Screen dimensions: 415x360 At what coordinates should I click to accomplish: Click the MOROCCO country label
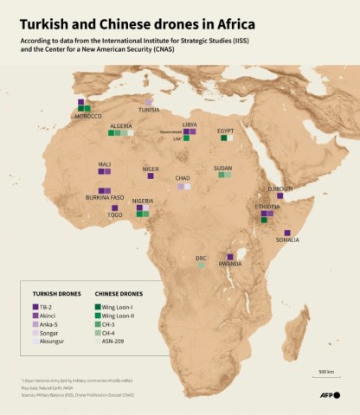pyautogui.click(x=89, y=116)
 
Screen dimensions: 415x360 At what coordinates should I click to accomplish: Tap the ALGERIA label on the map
pyautogui.click(x=121, y=126)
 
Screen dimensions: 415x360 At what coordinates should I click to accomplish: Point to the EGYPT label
pyautogui.click(x=226, y=131)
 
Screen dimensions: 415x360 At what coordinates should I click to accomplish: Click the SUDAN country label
pyautogui.click(x=222, y=168)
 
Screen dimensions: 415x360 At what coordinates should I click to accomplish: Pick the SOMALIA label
pyautogui.click(x=287, y=239)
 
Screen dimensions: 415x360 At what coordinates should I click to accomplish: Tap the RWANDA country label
pyautogui.click(x=229, y=264)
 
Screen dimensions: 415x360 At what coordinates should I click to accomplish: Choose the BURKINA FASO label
pyautogui.click(x=105, y=197)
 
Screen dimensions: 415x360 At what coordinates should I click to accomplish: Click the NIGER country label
pyautogui.click(x=151, y=169)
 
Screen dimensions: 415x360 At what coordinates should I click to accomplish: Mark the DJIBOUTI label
pyautogui.click(x=280, y=188)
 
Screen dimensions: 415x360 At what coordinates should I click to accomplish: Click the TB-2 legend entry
pyautogui.click(x=47, y=307)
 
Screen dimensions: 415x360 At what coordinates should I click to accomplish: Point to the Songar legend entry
pyautogui.click(x=48, y=331)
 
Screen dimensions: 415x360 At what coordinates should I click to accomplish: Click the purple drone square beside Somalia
pyautogui.click(x=286, y=232)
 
